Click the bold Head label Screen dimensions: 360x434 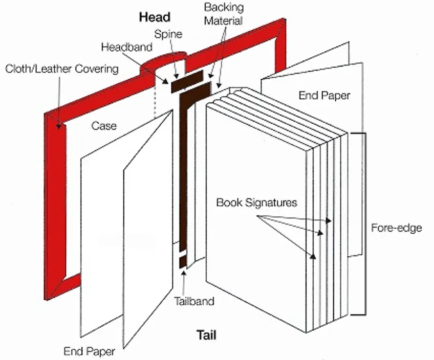(155, 17)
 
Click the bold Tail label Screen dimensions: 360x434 (207, 335)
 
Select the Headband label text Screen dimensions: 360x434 (126, 47)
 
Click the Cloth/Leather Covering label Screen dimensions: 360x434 (62, 69)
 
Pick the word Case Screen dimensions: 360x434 (104, 125)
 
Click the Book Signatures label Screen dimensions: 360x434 (256, 202)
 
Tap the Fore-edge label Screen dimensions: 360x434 (396, 228)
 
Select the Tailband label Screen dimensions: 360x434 (193, 301)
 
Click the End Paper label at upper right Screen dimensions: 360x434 (324, 96)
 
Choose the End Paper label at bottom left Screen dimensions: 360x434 (89, 351)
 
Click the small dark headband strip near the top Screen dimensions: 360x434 (187, 82)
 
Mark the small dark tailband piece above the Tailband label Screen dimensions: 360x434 (182, 262)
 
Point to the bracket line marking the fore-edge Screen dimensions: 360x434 (364, 225)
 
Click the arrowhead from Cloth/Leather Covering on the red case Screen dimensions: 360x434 (61, 126)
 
